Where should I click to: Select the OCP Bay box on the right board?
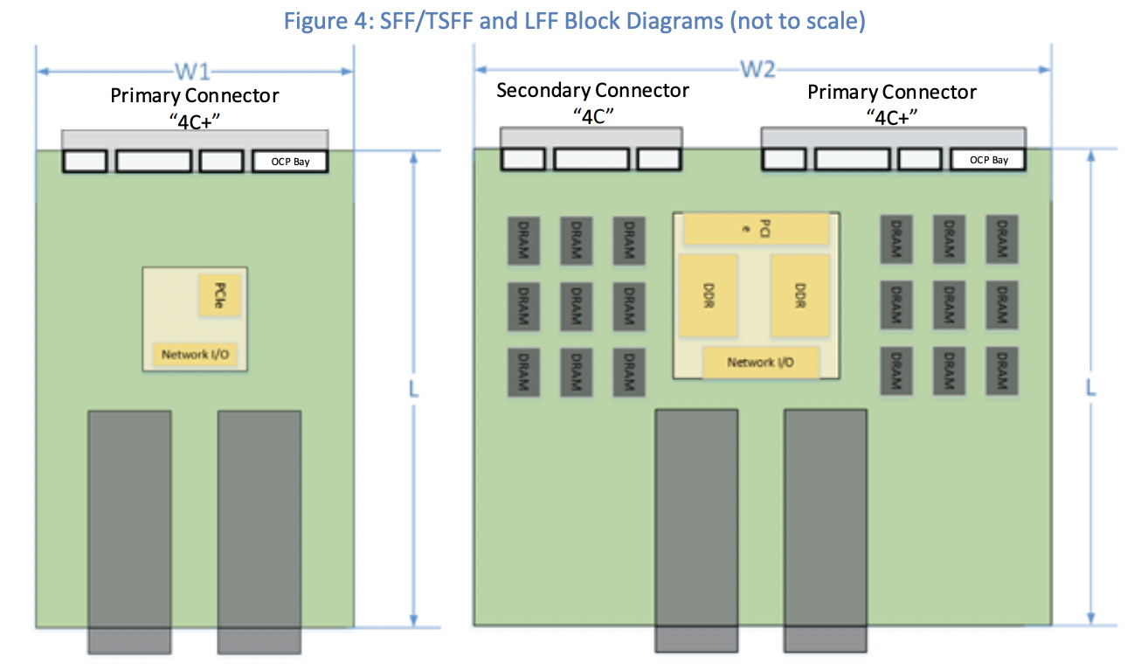point(988,160)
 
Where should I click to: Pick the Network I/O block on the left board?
point(195,355)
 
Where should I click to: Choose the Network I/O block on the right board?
point(761,362)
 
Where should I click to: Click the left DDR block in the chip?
point(708,295)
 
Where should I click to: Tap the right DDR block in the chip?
point(799,295)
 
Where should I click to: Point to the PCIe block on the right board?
point(755,228)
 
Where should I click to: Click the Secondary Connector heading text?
point(592,91)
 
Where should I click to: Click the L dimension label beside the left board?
point(413,390)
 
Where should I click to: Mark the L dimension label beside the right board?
point(1090,387)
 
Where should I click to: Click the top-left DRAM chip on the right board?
point(523,240)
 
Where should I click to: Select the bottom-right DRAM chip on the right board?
point(1002,370)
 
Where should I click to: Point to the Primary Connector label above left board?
point(195,96)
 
